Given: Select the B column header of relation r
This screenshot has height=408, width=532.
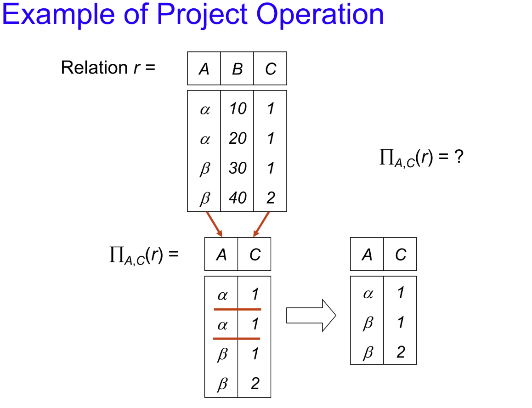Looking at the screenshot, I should point(237,69).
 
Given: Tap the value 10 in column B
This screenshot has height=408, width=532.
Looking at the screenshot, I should point(238,109).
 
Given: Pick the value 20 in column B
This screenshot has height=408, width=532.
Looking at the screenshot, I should point(238,138).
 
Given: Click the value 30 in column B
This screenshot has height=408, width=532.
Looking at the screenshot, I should point(238,168).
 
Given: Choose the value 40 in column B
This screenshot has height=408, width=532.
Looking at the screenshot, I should point(238,198).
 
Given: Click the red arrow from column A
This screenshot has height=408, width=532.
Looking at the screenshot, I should point(215,224).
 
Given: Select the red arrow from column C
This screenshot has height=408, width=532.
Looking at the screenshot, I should point(261,224).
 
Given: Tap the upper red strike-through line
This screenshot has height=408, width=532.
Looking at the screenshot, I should point(237,309).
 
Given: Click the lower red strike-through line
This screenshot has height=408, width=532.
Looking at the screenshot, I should point(237,339).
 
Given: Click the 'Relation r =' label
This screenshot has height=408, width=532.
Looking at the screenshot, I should point(108,68).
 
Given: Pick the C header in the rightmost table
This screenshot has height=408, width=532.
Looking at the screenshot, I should point(400,255).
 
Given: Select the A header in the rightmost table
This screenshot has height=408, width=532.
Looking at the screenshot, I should point(367,255).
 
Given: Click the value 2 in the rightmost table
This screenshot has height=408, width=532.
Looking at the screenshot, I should point(400,352).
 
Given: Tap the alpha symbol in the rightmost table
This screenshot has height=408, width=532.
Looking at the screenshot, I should point(367,294).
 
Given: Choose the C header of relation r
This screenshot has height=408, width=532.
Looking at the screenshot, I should point(271,69).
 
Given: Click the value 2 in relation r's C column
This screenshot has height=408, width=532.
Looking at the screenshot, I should point(271,198).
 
